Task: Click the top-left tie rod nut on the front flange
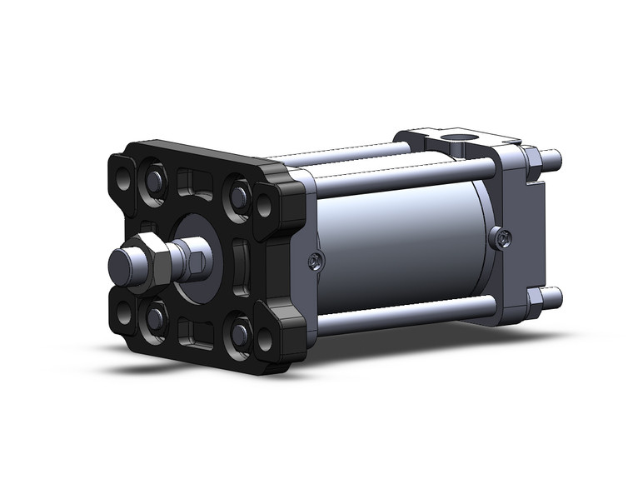(156, 181)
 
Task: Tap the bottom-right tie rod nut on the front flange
(240, 332)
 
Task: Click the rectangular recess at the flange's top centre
(192, 182)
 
